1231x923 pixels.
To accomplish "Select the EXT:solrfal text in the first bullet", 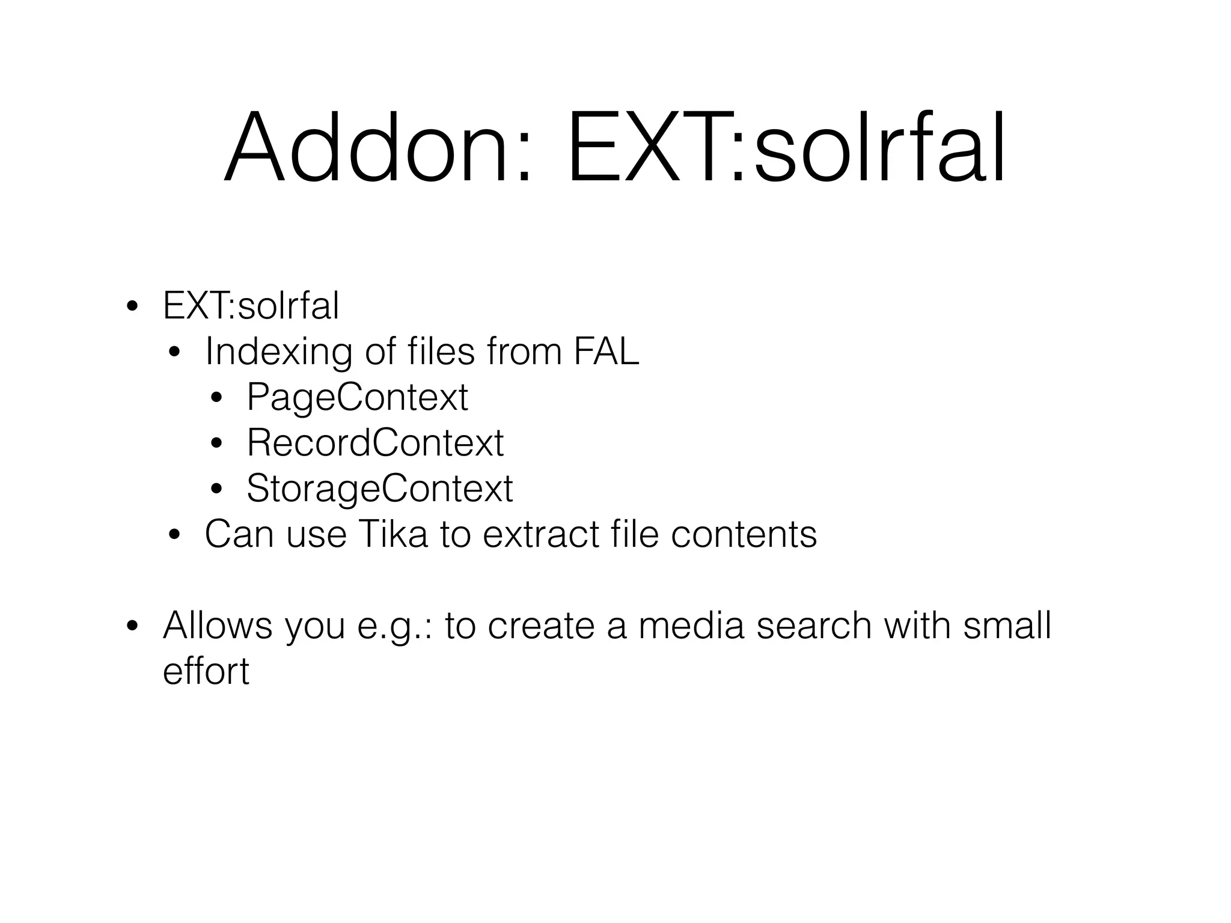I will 251,305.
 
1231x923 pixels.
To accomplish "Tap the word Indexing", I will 278,352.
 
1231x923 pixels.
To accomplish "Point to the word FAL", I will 606,351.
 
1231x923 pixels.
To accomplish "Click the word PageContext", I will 357,397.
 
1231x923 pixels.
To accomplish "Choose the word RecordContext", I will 375,443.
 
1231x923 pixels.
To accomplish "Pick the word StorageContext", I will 379,488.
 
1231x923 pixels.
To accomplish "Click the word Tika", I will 393,534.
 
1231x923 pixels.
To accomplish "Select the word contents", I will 744,534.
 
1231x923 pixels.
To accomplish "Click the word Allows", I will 218,625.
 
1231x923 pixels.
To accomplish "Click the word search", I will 814,625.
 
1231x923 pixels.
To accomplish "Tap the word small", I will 1007,625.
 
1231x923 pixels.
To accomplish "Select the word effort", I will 206,671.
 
